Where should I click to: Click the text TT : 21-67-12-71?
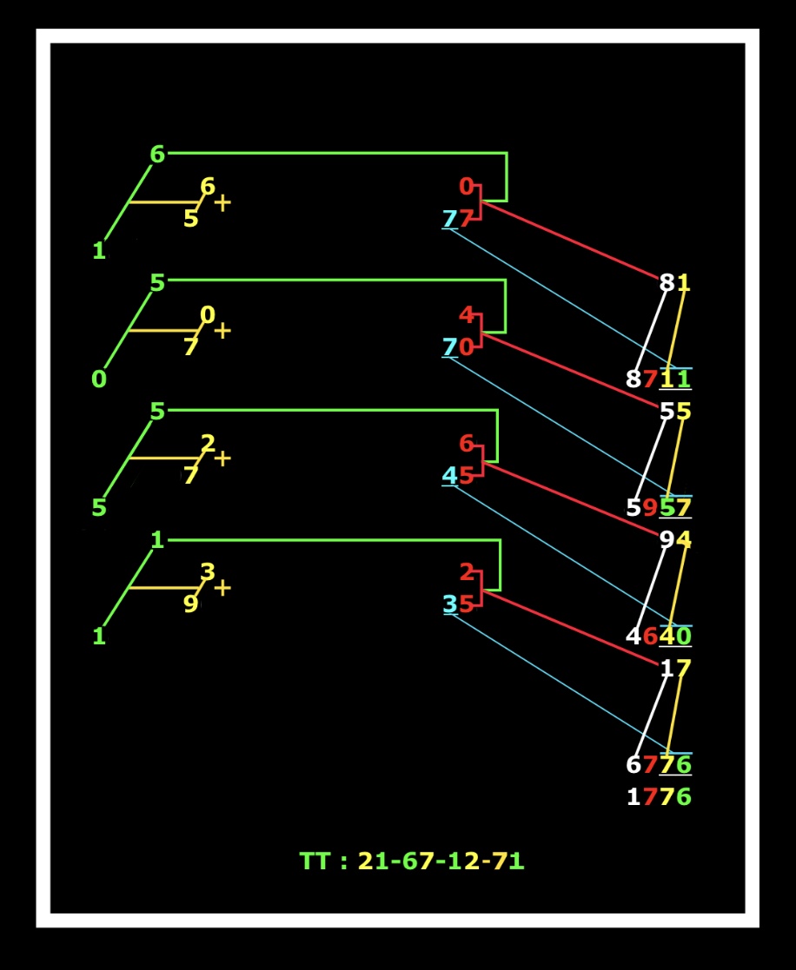tap(412, 861)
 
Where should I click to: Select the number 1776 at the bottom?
tap(659, 796)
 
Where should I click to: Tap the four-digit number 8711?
tap(659, 379)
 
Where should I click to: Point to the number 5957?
tap(659, 507)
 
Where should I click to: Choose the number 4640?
tap(659, 637)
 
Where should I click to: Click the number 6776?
tap(659, 765)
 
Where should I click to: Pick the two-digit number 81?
tap(674, 282)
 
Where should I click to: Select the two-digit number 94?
tap(674, 540)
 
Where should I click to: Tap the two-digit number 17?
tap(674, 669)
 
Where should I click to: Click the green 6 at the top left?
tap(156, 155)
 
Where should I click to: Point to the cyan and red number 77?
tap(457, 219)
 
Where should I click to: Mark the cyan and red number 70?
tap(457, 347)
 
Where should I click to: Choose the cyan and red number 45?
tap(457, 476)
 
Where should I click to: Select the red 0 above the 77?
tap(467, 187)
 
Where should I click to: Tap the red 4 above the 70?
tap(467, 314)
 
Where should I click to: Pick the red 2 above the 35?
tap(467, 572)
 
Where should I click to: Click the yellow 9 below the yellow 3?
tap(190, 604)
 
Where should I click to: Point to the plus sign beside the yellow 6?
tap(222, 203)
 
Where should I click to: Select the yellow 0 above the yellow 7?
tap(207, 314)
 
